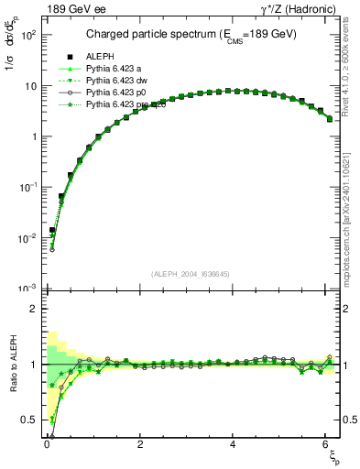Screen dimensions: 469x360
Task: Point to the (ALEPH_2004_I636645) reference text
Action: (x=191, y=274)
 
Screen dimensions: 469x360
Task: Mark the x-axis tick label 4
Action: (x=234, y=445)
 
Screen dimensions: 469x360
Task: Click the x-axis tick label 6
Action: (x=327, y=445)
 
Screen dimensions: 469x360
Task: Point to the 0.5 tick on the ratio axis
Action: (x=30, y=420)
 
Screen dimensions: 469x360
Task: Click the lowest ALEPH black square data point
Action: (x=52, y=230)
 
